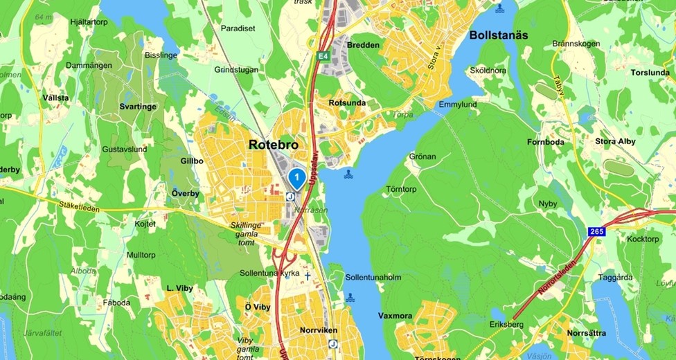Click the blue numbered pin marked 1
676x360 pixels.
[x=296, y=179]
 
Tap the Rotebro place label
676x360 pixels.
[x=273, y=145]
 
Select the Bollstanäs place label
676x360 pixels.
[x=499, y=35]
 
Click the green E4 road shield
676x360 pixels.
[x=323, y=55]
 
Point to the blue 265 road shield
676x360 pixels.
[x=597, y=231]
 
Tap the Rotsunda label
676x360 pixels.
[x=347, y=103]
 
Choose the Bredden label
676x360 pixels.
[x=363, y=46]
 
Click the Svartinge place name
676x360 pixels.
[x=137, y=107]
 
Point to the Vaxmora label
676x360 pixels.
[x=395, y=316]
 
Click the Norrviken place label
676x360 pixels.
[x=317, y=330]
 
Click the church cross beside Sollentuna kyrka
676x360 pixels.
[x=308, y=276]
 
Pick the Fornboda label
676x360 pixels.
[x=564, y=142]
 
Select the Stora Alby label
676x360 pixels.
[x=615, y=142]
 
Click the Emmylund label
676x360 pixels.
[x=458, y=105]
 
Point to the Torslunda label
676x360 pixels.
[x=650, y=72]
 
